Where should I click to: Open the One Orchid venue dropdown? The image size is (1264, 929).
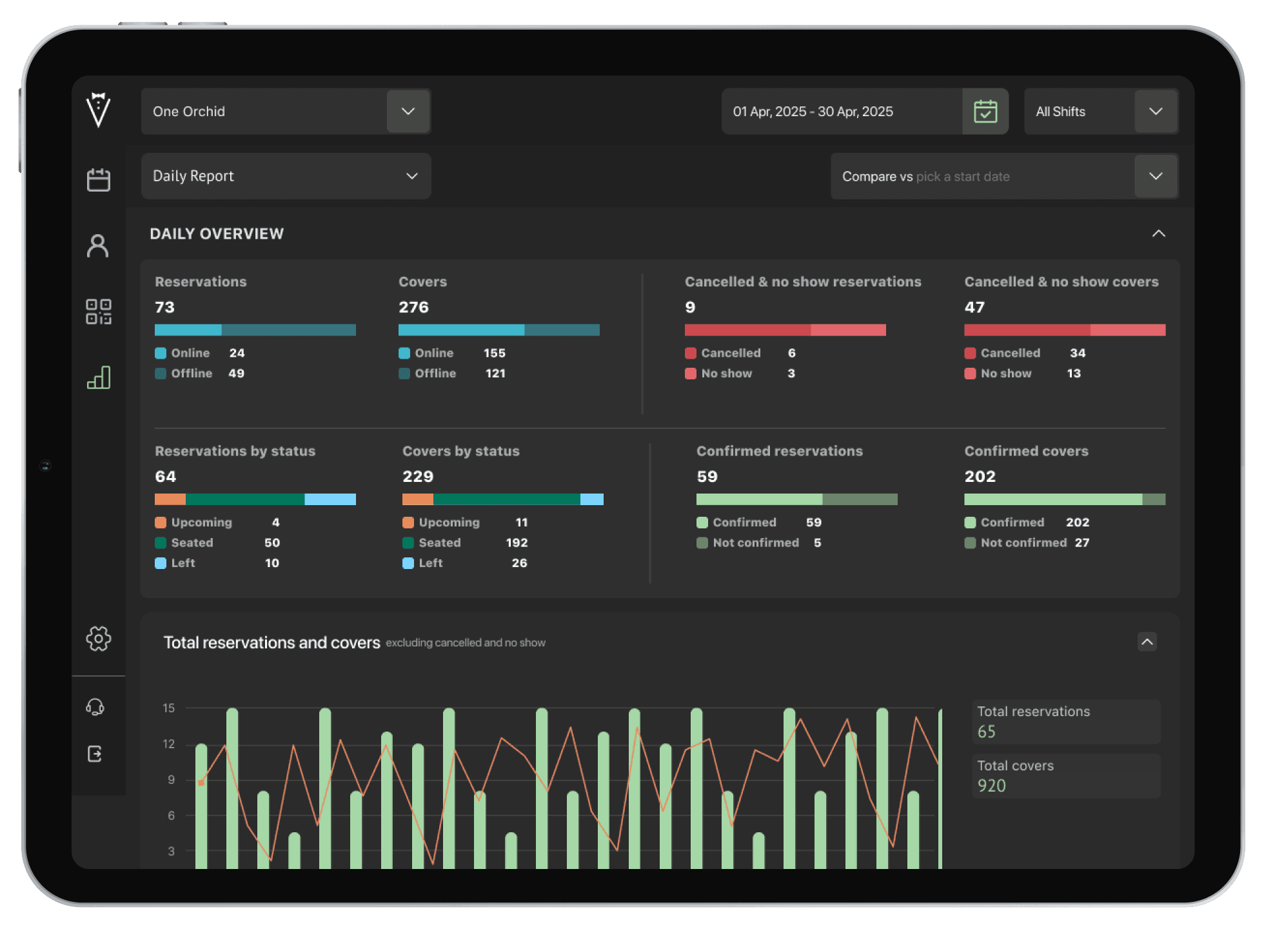pyautogui.click(x=408, y=111)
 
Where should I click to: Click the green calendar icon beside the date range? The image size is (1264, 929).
pyautogui.click(x=985, y=111)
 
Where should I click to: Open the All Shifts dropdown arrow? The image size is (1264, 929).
pyautogui.click(x=1156, y=111)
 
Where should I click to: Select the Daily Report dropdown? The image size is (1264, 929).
pyautogui.click(x=286, y=176)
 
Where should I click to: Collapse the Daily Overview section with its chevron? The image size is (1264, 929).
pyautogui.click(x=1158, y=234)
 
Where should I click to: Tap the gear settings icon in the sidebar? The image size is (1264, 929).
pyautogui.click(x=98, y=639)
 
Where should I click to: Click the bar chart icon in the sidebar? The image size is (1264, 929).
pyautogui.click(x=98, y=377)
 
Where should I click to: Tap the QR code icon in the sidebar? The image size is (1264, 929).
pyautogui.click(x=98, y=311)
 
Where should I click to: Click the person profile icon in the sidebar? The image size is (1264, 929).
pyautogui.click(x=98, y=246)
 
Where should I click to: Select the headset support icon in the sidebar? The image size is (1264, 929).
pyautogui.click(x=95, y=707)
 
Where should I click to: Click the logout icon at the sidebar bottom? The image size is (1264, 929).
pyautogui.click(x=95, y=754)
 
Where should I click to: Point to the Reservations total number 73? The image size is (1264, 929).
pyautogui.click(x=165, y=307)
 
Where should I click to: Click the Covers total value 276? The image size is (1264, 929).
pyautogui.click(x=413, y=307)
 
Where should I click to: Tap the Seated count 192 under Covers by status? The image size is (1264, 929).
pyautogui.click(x=517, y=543)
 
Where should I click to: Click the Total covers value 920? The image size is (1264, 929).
pyautogui.click(x=991, y=786)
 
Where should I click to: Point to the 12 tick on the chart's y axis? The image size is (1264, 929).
pyautogui.click(x=168, y=744)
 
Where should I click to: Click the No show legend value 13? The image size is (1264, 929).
pyautogui.click(x=1073, y=373)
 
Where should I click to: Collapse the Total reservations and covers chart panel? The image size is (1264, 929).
pyautogui.click(x=1147, y=642)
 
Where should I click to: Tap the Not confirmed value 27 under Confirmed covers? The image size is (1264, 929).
pyautogui.click(x=1081, y=543)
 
